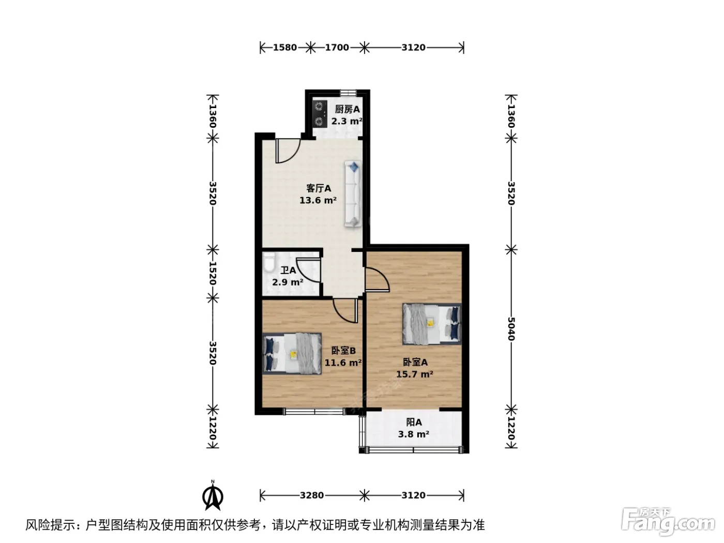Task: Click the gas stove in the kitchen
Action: coord(320,114)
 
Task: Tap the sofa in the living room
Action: coord(353,194)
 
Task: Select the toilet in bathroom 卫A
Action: coord(269,262)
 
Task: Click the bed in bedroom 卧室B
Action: coord(292,354)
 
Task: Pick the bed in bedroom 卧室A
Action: coord(432,324)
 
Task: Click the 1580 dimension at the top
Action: coord(284,48)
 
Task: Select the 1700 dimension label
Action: coord(337,48)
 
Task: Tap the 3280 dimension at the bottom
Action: coord(312,495)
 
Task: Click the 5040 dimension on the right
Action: coord(511,329)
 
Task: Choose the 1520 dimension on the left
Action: coord(213,274)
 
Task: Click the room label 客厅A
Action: coord(318,188)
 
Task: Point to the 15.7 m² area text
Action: coord(415,374)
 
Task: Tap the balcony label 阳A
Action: coord(414,422)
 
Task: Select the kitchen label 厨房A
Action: coord(347,109)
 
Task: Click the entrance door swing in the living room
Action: coord(288,150)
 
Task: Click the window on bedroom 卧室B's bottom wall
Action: coord(314,412)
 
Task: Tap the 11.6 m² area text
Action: coord(343,363)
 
